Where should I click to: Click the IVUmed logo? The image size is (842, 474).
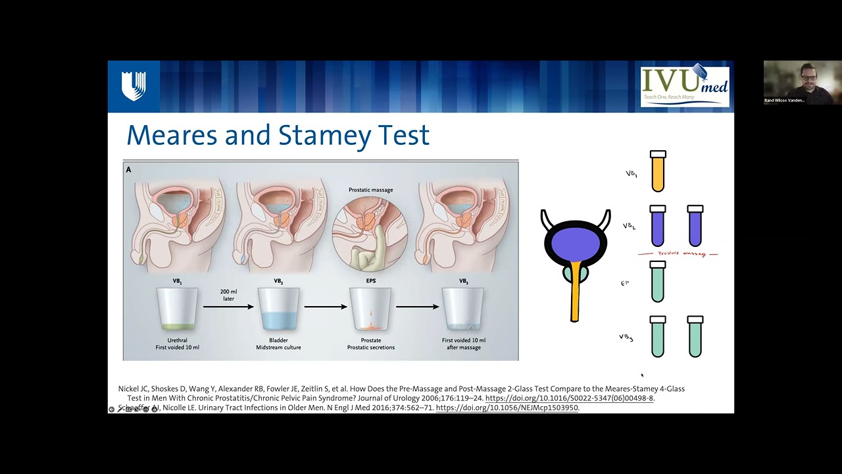[x=685, y=86]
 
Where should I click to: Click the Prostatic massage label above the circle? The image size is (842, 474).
[x=371, y=190]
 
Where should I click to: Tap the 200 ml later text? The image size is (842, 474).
[x=228, y=294]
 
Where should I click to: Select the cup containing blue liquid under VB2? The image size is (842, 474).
[x=278, y=309]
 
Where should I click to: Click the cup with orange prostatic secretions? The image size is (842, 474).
[x=370, y=309]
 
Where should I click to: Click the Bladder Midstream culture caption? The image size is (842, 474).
[x=278, y=344]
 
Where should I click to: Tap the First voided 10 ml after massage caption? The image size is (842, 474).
[x=464, y=344]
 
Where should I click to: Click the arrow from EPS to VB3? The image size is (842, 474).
[x=417, y=307]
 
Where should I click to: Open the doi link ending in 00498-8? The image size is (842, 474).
[x=569, y=398]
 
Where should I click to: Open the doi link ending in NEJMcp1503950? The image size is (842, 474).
[x=507, y=408]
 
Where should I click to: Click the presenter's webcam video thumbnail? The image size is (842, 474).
[x=803, y=83]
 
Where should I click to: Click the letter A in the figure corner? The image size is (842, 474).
[x=129, y=170]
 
